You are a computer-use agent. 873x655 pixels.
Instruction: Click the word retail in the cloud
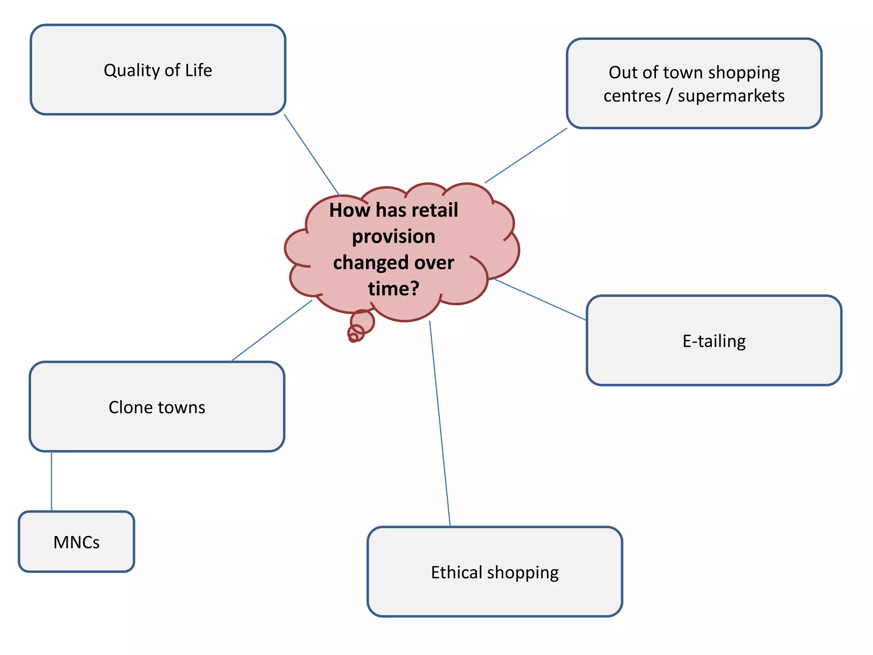(435, 210)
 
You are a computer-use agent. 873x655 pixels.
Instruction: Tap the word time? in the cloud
(393, 289)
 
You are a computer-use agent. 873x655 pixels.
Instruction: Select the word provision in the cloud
(393, 237)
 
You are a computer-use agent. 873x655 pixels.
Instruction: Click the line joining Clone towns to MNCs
(52, 481)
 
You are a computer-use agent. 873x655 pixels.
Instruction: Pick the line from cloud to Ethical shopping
(440, 424)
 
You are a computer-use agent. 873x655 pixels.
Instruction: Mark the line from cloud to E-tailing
(541, 300)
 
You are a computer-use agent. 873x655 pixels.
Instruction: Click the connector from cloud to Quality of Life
(312, 154)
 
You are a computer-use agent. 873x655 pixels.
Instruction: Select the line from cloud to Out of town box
(526, 156)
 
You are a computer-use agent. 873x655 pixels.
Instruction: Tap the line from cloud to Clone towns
(272, 331)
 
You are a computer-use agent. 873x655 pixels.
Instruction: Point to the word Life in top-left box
(198, 70)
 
